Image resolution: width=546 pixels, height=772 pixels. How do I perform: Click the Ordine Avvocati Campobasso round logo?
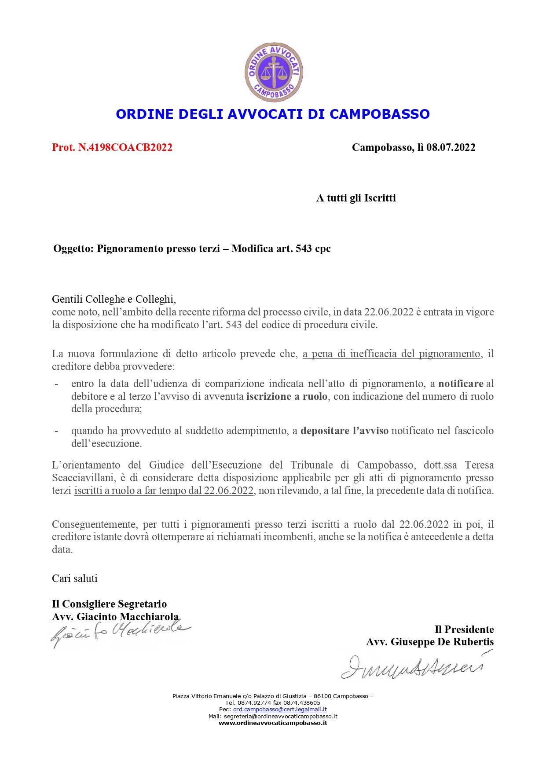pos(274,72)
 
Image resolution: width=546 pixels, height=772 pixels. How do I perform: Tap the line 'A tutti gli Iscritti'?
pos(356,198)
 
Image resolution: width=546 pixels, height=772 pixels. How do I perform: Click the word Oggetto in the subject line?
pos(73,249)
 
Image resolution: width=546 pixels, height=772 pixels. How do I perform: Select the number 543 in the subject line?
pos(304,249)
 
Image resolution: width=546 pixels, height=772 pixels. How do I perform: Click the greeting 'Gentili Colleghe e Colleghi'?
pos(114,299)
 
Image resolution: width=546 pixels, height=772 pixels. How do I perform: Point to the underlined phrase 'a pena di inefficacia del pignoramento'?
pos(391,354)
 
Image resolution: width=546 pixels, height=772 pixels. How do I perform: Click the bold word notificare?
pos(460,384)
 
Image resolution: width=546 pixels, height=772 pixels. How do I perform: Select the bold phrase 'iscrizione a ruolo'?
pos(286,396)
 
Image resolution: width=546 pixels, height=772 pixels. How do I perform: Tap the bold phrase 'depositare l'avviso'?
pos(344,431)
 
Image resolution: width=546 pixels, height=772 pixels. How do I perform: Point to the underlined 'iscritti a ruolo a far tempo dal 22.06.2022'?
pos(164,490)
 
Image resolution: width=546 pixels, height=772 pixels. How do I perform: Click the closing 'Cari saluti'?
pos(75,578)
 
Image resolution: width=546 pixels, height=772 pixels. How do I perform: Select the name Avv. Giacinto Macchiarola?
pos(115,617)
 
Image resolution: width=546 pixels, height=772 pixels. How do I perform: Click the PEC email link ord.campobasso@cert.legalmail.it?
pos(280,710)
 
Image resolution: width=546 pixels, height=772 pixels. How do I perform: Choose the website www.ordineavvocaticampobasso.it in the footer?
pos(273,723)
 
